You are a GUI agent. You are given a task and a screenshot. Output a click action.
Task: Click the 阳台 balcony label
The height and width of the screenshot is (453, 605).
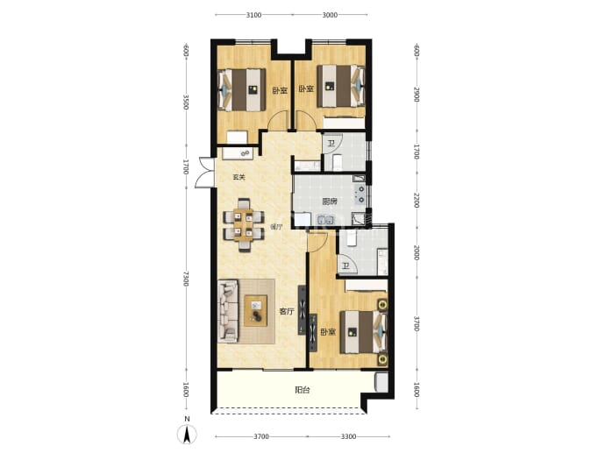(302, 390)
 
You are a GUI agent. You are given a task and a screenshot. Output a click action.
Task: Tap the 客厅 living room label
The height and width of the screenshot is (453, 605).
(287, 312)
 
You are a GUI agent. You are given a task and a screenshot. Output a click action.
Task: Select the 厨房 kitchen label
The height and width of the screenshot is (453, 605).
(330, 202)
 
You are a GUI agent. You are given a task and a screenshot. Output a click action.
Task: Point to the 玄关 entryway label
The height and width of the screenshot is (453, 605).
(239, 178)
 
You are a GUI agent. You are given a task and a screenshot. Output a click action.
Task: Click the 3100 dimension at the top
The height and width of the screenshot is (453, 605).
(253, 15)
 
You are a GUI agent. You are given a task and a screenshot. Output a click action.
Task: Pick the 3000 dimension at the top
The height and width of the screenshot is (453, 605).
(330, 15)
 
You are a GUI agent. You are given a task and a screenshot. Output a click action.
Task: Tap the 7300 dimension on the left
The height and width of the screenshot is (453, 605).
(186, 279)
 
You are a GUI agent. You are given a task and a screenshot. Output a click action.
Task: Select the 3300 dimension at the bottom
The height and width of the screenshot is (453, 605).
(348, 436)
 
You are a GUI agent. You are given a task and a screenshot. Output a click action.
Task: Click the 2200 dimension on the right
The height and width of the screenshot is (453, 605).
(416, 201)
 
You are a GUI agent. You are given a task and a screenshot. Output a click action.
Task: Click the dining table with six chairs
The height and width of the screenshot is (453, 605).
(244, 225)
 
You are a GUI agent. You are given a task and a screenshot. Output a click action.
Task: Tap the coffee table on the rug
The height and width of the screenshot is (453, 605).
(256, 311)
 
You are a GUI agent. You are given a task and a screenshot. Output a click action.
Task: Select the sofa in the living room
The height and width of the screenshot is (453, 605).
(228, 312)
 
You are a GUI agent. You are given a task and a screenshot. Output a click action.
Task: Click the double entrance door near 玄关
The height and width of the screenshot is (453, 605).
(205, 173)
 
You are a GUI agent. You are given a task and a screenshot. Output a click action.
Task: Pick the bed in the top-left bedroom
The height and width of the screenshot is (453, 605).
(242, 90)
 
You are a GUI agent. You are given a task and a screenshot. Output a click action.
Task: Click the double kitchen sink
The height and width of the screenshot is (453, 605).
(325, 221)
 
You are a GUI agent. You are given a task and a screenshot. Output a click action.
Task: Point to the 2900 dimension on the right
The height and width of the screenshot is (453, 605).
(416, 95)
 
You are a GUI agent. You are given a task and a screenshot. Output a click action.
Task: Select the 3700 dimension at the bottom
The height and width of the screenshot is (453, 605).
(261, 436)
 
